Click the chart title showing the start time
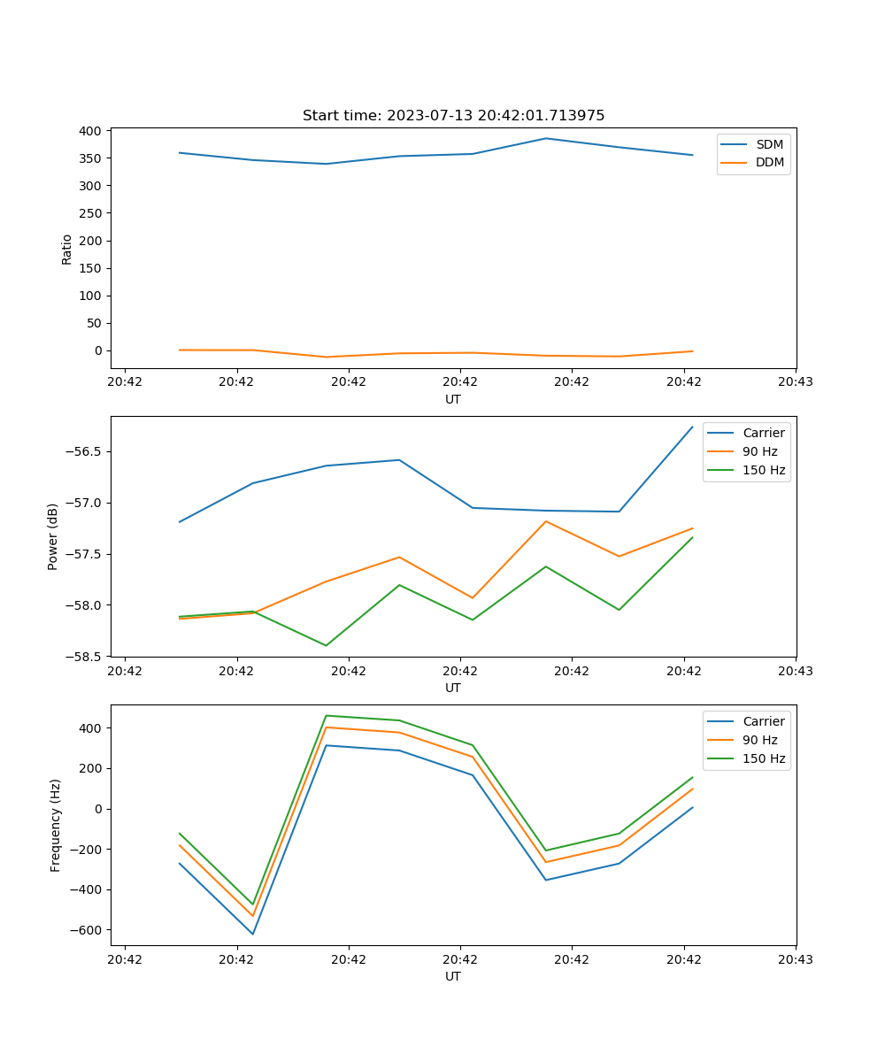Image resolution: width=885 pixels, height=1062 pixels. [453, 116]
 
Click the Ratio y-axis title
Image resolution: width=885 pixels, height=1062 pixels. [67, 249]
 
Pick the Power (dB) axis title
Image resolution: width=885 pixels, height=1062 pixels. [53, 536]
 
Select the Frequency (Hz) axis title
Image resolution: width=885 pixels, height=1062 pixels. [56, 825]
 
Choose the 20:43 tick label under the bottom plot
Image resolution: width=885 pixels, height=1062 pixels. [795, 958]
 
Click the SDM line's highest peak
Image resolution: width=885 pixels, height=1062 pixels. [546, 138]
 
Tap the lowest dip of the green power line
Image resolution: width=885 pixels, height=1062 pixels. [326, 645]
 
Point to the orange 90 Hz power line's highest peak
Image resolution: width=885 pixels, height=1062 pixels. [546, 521]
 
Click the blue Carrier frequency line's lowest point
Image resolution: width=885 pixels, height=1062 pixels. [253, 934]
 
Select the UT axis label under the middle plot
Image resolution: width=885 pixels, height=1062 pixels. [453, 688]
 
